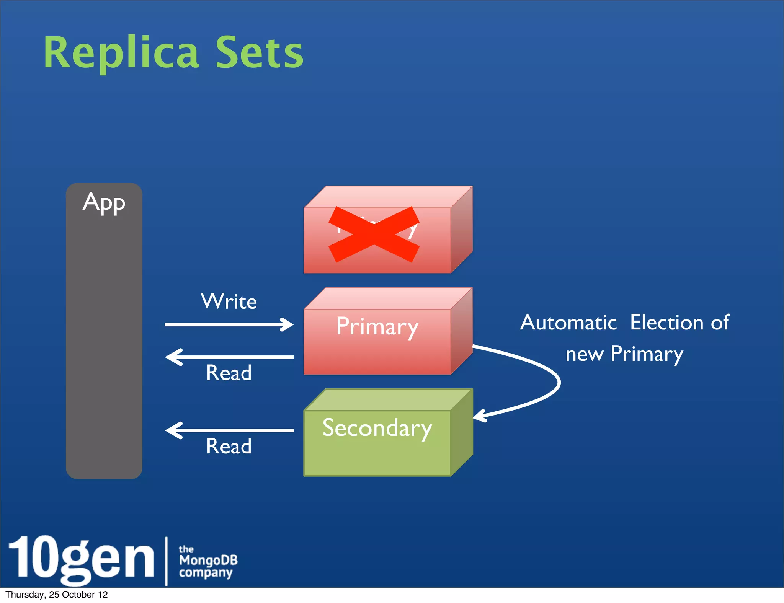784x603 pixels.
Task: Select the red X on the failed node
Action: tap(374, 234)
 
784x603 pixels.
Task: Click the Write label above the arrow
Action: tap(229, 301)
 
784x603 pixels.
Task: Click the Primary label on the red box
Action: tap(377, 327)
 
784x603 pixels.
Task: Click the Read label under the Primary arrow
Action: tap(229, 373)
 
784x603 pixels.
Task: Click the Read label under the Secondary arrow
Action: tap(229, 446)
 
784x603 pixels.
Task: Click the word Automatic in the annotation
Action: tap(568, 323)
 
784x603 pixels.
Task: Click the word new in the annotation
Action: tap(584, 354)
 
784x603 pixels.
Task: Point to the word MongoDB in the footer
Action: tap(208, 561)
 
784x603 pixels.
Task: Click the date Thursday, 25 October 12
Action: tap(57, 595)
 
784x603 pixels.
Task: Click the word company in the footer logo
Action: tap(206, 573)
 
